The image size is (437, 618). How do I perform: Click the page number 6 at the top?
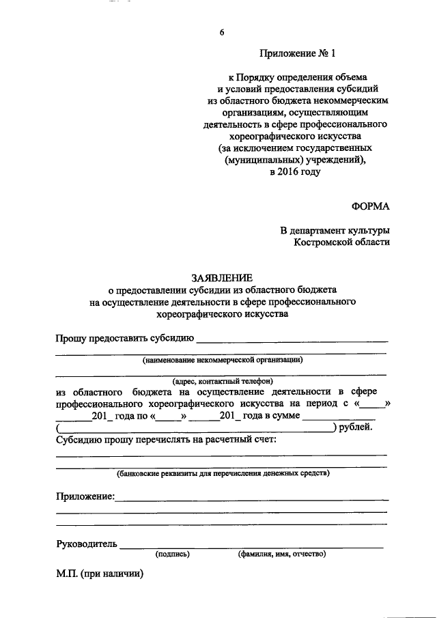click(223, 32)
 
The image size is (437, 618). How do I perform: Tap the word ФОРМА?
click(371, 204)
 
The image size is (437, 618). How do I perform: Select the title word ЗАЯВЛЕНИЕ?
click(221, 278)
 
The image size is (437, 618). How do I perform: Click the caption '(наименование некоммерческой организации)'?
click(222, 359)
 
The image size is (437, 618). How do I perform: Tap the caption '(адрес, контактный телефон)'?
click(222, 381)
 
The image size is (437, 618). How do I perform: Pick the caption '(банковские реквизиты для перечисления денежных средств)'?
click(223, 473)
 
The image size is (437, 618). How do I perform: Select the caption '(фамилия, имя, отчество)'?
click(282, 554)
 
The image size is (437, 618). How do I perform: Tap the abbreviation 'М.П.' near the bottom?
click(68, 574)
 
